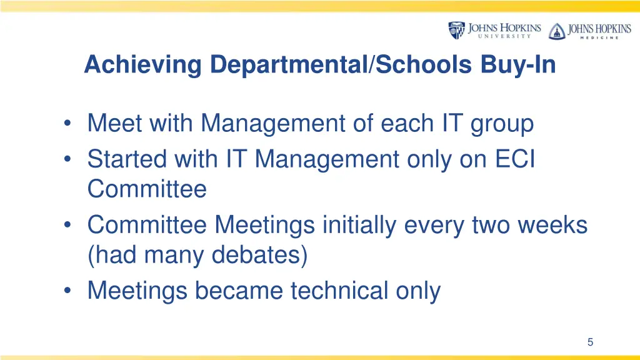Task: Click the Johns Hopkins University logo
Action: point(494,30)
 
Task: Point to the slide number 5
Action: point(590,342)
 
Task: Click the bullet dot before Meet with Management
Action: point(67,124)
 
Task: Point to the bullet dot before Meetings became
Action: point(67,291)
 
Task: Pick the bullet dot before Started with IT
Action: point(67,159)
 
